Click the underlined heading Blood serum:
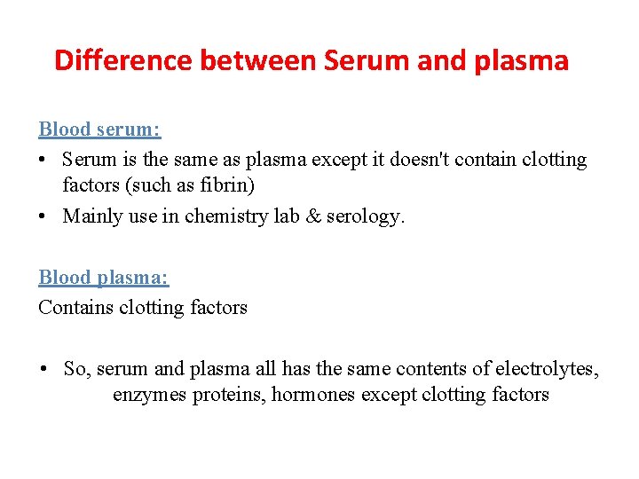[99, 130]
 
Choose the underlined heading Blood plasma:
[104, 278]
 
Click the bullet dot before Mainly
[43, 216]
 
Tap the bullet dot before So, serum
[43, 368]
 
